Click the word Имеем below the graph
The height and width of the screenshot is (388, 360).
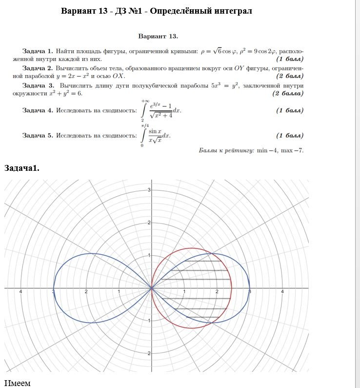click(x=18, y=383)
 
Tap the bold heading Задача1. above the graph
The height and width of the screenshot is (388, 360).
click(x=22, y=168)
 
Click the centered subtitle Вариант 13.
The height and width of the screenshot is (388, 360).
click(x=158, y=36)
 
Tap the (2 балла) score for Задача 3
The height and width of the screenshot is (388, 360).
click(x=288, y=93)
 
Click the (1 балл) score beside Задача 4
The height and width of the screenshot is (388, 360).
click(x=290, y=110)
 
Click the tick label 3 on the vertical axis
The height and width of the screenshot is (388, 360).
click(x=149, y=190)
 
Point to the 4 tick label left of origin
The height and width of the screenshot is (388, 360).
click(x=20, y=292)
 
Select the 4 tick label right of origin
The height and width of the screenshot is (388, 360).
click(x=282, y=292)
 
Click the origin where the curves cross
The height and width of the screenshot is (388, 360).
click(x=151, y=288)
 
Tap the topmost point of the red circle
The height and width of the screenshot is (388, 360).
click(x=192, y=248)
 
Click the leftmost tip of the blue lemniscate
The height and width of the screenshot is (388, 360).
click(x=53, y=288)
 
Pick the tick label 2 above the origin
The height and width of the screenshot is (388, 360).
click(x=149, y=223)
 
